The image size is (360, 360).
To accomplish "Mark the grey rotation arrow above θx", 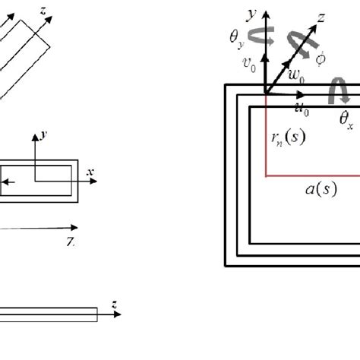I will pos(335,93).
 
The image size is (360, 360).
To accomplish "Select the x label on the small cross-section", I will pos(90,172).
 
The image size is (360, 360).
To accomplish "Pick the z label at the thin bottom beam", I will pos(114,304).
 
